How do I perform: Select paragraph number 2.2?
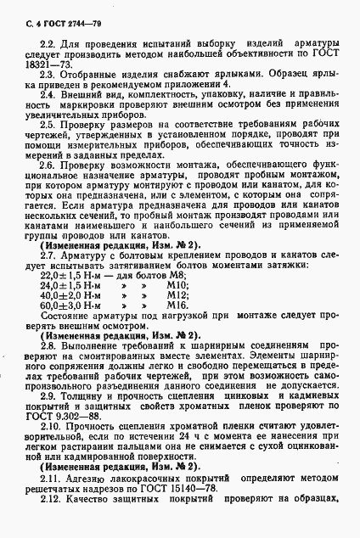[x=48, y=43]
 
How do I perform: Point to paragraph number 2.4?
[x=48, y=94]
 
